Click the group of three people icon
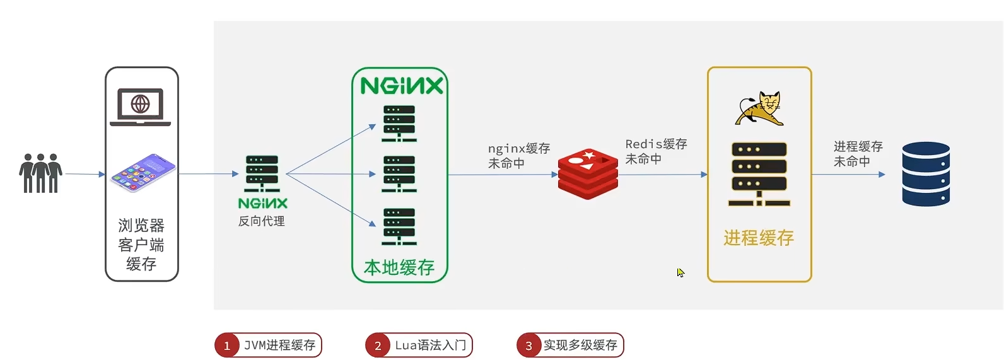tap(41, 173)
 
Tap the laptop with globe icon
tap(140, 107)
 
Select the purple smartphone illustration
tap(143, 171)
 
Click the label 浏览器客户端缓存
tap(141, 245)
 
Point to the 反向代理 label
tap(262, 221)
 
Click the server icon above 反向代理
tap(262, 173)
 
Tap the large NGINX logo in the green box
tap(402, 86)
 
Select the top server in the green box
tap(399, 123)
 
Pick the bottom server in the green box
tap(399, 226)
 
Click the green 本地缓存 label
tap(399, 267)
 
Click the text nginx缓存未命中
tap(518, 156)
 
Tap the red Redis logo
tap(588, 174)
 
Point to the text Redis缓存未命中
tap(656, 151)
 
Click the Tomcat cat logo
tap(760, 108)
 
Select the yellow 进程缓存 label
tap(759, 238)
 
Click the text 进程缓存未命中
tap(858, 154)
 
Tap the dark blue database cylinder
tap(926, 174)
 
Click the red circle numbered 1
tap(227, 345)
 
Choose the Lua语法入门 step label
tap(431, 345)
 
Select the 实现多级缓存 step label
tap(580, 345)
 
